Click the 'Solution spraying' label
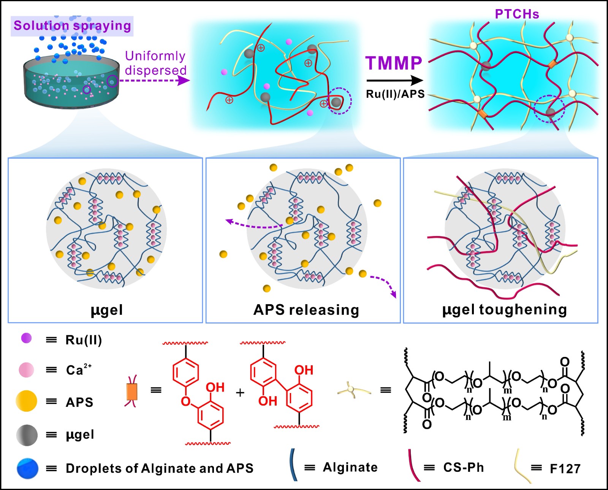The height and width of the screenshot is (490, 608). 72,26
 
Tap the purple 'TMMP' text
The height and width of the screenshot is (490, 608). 394,63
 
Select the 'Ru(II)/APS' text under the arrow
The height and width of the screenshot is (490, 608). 395,94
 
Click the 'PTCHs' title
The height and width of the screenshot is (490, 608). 517,14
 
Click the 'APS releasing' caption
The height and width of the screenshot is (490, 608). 306,310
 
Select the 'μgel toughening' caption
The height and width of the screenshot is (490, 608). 504,310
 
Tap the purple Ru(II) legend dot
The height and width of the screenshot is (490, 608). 27,338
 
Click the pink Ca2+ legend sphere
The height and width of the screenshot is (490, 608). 26,369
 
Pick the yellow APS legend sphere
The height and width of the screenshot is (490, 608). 26,401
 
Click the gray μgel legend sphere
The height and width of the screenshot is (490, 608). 27,435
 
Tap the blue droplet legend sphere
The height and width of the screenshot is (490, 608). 27,468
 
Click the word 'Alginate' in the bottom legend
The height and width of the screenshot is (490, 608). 350,467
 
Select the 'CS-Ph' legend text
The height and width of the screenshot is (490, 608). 464,468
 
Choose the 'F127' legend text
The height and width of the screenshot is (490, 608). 565,469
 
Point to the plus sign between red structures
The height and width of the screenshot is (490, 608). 240,392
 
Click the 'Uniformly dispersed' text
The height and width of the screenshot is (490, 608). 155,63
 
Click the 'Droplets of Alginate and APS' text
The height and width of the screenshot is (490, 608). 160,468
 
